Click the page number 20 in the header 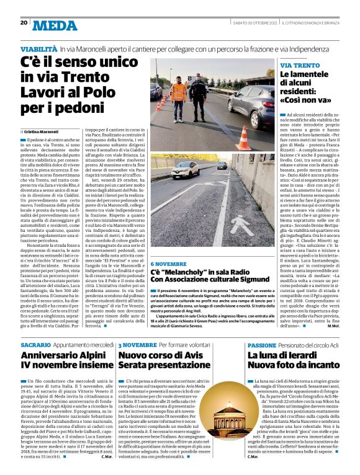[x=24, y=23]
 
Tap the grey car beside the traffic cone [x=253, y=104]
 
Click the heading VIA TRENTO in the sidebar [x=300, y=65]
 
